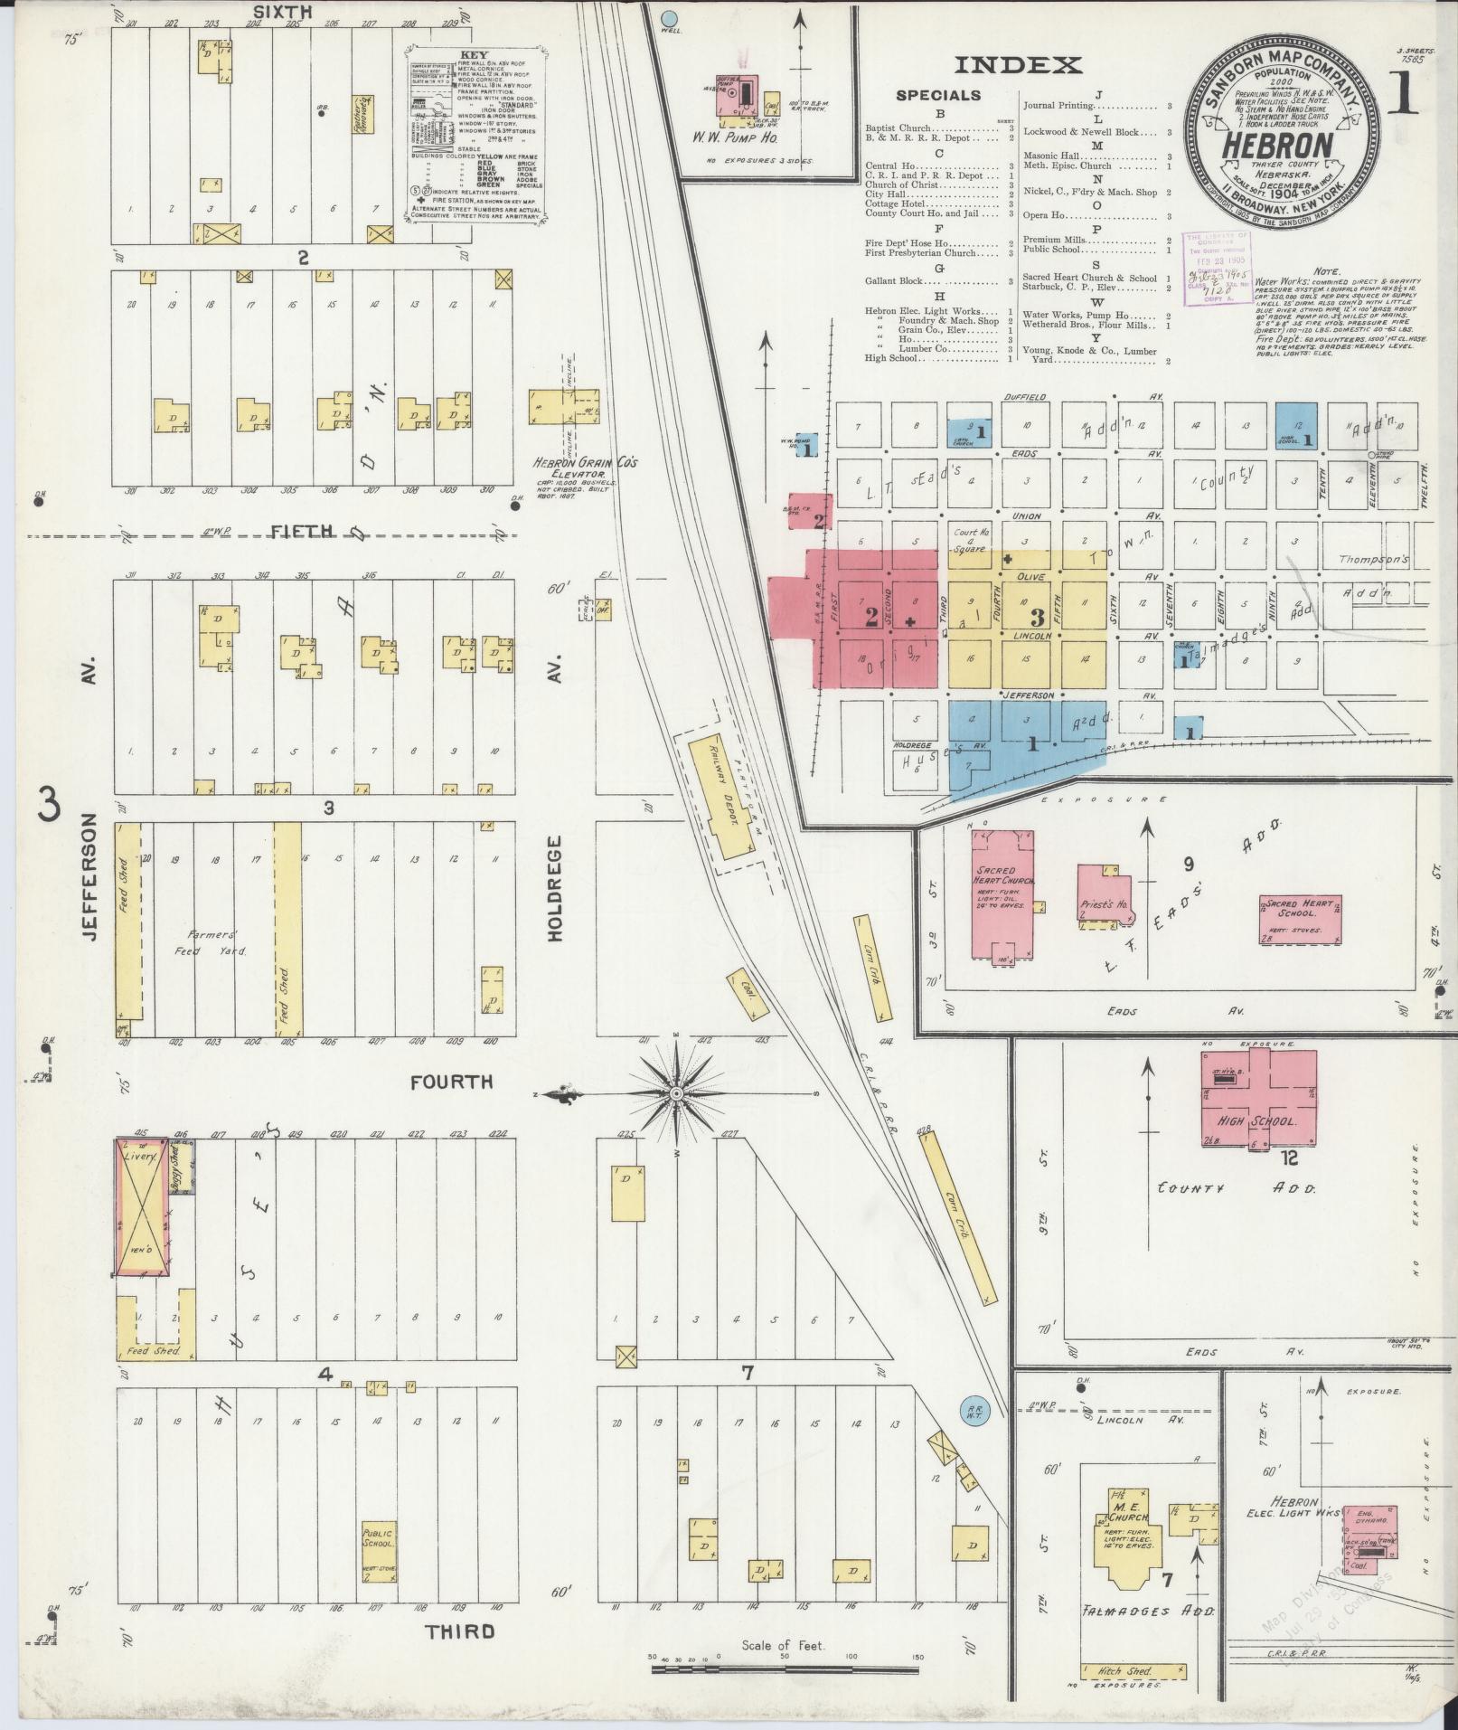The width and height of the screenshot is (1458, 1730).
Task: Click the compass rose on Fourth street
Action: point(676,1094)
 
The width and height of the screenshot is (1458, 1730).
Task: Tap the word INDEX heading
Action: point(1018,65)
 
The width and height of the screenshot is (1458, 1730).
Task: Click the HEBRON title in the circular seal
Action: point(1277,146)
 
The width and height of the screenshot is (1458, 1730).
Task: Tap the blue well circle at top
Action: point(669,17)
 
